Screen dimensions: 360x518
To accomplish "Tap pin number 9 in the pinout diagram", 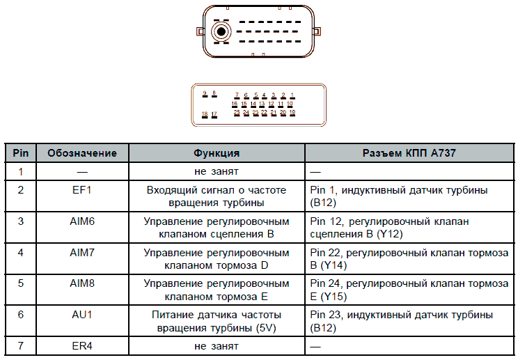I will pyautogui.click(x=205, y=94).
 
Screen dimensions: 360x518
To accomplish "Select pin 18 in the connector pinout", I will pyautogui.click(x=204, y=115).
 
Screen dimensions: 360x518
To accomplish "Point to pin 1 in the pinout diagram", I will pyautogui.click(x=292, y=96).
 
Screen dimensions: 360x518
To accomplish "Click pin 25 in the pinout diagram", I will pyautogui.click(x=237, y=113).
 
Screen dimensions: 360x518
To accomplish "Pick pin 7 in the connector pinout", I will pyautogui.click(x=237, y=96).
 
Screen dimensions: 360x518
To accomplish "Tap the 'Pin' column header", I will pyautogui.click(x=21, y=153).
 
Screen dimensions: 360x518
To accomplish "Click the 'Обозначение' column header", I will pyautogui.click(x=82, y=153).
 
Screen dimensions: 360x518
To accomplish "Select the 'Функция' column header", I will pyautogui.click(x=217, y=153).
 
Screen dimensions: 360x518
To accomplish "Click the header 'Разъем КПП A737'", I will pyautogui.click(x=409, y=153).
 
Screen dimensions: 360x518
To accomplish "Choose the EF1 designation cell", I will pyautogui.click(x=82, y=189).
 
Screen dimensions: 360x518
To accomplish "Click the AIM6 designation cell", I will pyautogui.click(x=82, y=221).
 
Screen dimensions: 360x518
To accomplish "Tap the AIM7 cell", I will pyautogui.click(x=82, y=252).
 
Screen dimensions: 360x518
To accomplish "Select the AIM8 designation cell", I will pyautogui.click(x=82, y=283).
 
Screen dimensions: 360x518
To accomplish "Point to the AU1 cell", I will pyautogui.click(x=82, y=315).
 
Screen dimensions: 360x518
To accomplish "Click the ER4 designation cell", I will pyautogui.click(x=82, y=345).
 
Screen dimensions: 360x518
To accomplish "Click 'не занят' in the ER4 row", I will pyautogui.click(x=217, y=345).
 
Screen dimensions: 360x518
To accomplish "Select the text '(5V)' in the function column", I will pyautogui.click(x=269, y=327).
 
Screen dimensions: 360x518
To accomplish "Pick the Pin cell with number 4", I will pyautogui.click(x=21, y=252).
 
